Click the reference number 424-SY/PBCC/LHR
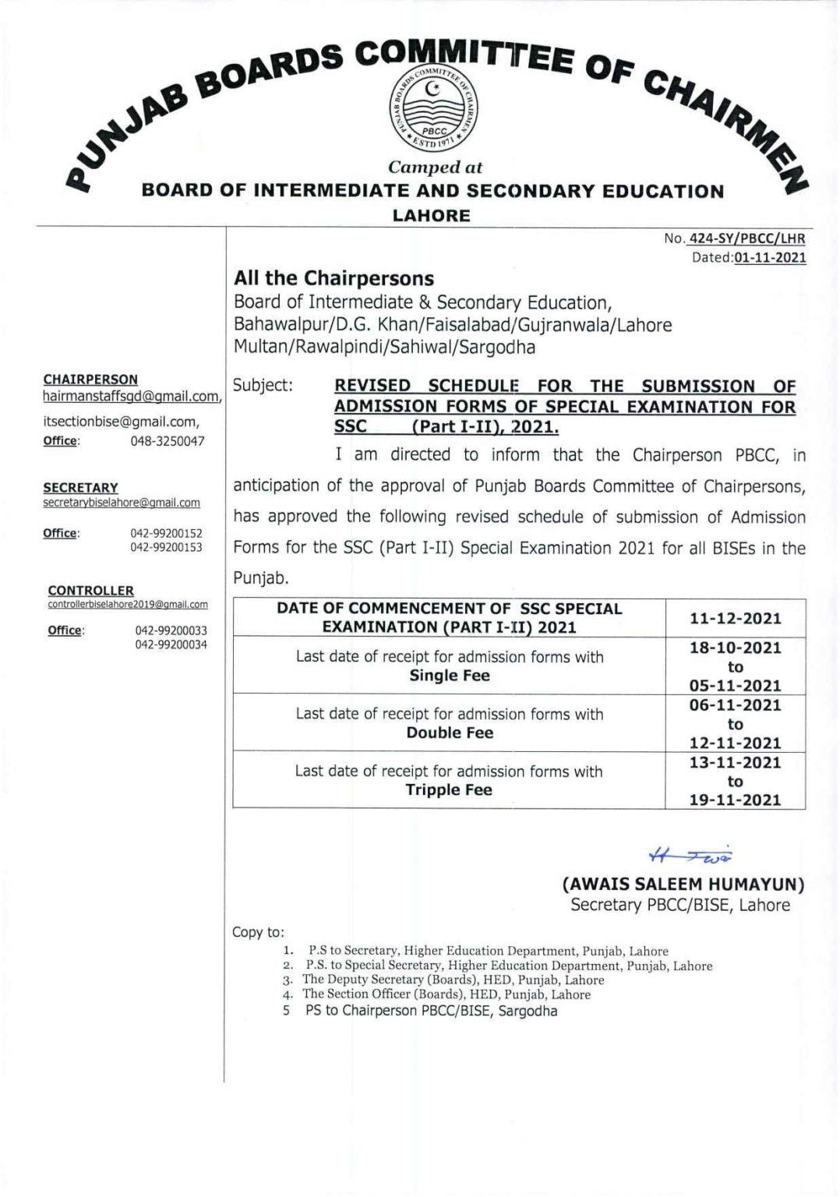(x=746, y=238)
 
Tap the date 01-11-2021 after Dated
(x=769, y=258)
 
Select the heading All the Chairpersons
(x=334, y=278)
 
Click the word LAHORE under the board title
(x=431, y=216)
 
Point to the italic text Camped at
(x=435, y=167)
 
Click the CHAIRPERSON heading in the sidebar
(x=90, y=380)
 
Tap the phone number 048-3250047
(x=167, y=441)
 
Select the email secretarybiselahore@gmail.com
(x=122, y=503)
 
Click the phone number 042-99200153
(x=166, y=547)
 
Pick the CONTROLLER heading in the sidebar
(x=90, y=591)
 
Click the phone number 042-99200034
(x=171, y=644)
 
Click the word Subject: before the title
(x=263, y=385)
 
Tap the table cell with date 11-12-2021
(x=735, y=619)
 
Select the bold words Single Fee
(x=450, y=676)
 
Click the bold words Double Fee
(x=450, y=733)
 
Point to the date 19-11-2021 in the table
(x=735, y=800)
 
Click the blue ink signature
(x=690, y=856)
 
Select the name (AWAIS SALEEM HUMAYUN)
(x=683, y=885)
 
